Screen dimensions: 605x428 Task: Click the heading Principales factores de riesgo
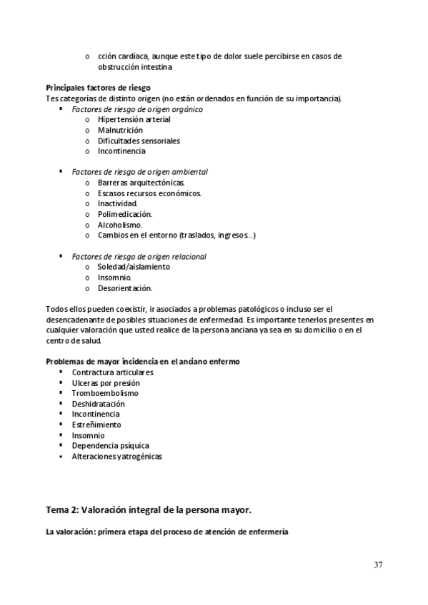click(x=98, y=88)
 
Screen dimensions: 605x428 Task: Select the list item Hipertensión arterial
click(x=134, y=120)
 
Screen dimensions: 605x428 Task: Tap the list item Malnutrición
click(x=120, y=131)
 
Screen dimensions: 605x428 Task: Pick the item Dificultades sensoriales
click(x=139, y=141)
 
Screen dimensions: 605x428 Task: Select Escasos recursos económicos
click(x=149, y=193)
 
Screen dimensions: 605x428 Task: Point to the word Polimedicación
click(x=125, y=214)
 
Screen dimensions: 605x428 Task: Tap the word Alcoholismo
click(x=120, y=225)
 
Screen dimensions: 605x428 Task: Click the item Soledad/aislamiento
click(x=134, y=267)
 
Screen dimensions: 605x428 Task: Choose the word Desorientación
click(x=125, y=288)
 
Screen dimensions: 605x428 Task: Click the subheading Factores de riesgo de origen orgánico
click(x=137, y=109)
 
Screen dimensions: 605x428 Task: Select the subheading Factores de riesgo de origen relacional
click(x=139, y=256)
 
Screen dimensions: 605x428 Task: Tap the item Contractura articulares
click(x=112, y=372)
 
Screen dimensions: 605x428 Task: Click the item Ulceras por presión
click(x=106, y=383)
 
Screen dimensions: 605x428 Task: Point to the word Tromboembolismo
click(x=105, y=393)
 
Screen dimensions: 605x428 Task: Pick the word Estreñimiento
click(x=97, y=424)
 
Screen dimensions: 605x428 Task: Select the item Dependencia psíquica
click(x=110, y=446)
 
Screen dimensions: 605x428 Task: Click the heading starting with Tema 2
click(x=149, y=510)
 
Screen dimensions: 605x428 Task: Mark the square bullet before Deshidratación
click(x=62, y=404)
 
